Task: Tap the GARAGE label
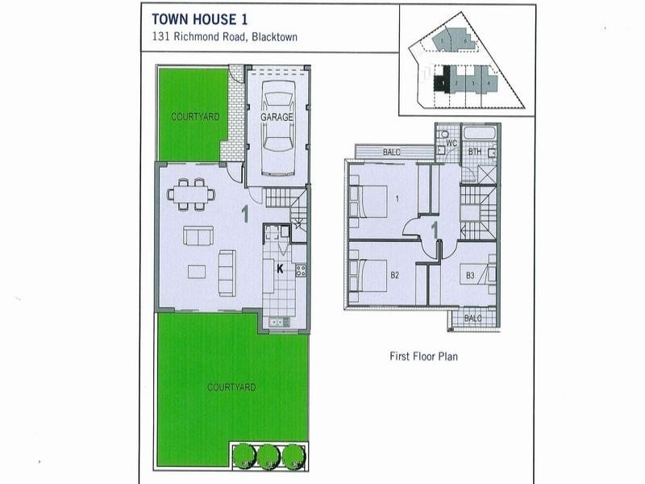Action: click(x=277, y=117)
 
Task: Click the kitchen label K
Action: click(x=281, y=268)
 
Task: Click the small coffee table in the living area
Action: click(x=196, y=269)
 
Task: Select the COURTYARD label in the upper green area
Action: click(x=194, y=117)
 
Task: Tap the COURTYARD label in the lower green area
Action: click(x=231, y=387)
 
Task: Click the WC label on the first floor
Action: click(x=451, y=144)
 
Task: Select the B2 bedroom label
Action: click(x=395, y=276)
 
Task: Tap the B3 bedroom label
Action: click(x=470, y=276)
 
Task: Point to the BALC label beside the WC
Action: click(x=391, y=151)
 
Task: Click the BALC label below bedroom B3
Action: click(x=473, y=318)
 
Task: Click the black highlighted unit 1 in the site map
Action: click(x=441, y=81)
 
